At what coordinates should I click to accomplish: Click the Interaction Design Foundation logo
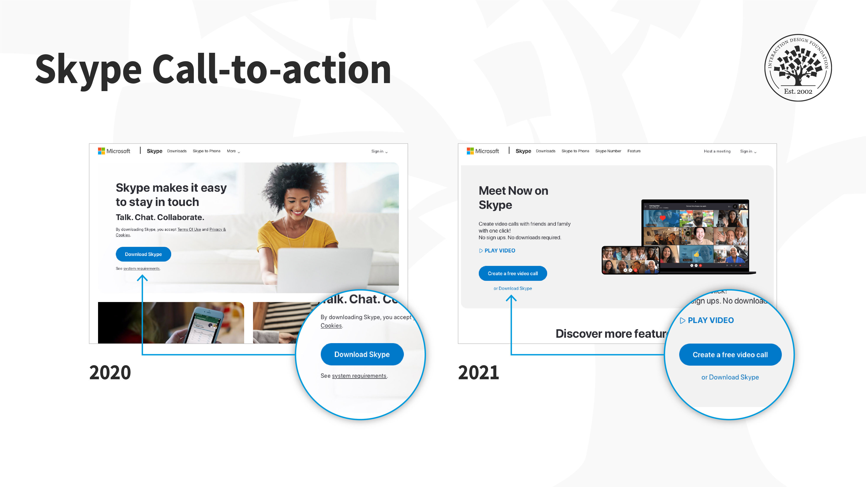coord(798,68)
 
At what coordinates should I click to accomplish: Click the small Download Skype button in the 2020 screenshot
coord(143,254)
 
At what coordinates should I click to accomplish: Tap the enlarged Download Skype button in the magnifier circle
coord(362,354)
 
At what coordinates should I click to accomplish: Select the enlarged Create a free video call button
coord(730,355)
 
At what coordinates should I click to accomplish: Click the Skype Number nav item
coord(608,151)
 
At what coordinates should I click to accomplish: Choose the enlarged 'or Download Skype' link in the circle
coord(730,377)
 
